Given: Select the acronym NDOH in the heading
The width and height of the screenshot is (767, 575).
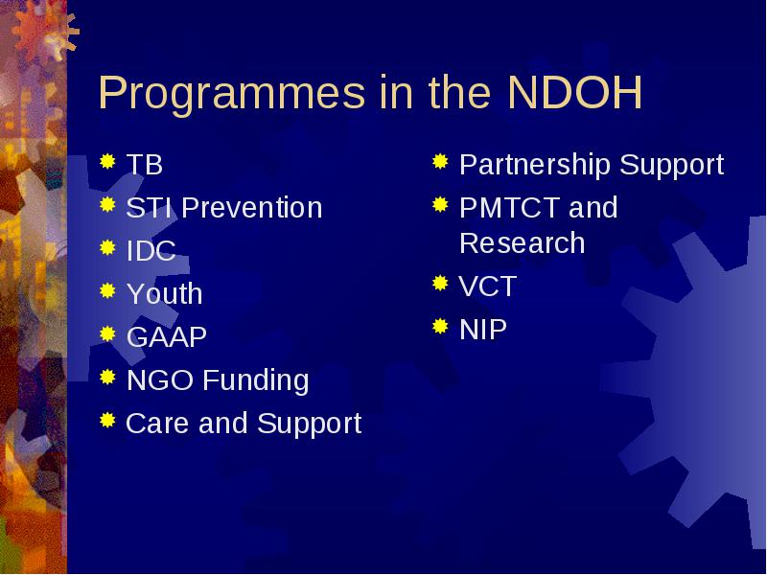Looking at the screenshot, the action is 574,92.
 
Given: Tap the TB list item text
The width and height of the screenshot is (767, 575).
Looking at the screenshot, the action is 145,164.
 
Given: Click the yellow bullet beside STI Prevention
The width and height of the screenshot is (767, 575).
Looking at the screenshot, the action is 107,204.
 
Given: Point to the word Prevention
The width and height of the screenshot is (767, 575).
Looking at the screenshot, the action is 252,207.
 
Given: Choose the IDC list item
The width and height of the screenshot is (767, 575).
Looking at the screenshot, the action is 151,251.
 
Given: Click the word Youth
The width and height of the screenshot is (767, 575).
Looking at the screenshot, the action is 164,294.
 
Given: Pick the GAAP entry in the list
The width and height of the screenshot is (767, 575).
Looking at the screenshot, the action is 166,337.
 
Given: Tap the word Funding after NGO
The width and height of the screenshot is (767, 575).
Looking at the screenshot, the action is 255,380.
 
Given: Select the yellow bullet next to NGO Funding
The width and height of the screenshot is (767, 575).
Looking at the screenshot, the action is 107,377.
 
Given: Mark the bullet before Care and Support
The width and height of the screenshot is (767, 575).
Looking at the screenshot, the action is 107,420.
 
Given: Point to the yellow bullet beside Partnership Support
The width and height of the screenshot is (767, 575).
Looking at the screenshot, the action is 440,161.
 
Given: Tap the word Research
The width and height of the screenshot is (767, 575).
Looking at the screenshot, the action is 522,243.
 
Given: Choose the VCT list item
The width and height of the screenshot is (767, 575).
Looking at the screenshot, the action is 488,286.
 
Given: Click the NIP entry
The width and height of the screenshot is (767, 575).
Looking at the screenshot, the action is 483,329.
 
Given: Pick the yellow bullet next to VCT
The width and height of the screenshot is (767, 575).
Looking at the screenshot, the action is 440,283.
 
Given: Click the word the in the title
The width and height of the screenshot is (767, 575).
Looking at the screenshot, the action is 459,92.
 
